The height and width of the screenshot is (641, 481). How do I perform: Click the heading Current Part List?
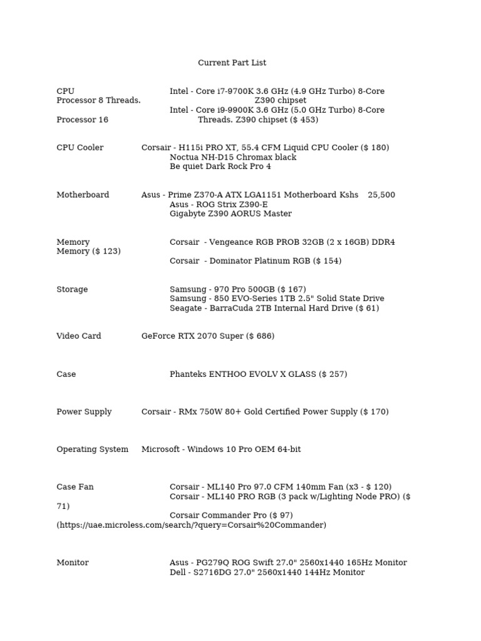tap(232, 63)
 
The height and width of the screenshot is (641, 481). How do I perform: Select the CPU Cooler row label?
tap(80, 148)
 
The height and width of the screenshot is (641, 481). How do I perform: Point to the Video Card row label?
tap(78, 336)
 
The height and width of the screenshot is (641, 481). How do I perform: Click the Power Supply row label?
tap(84, 412)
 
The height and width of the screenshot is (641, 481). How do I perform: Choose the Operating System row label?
tap(92, 449)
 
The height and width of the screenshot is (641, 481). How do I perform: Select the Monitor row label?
tap(73, 563)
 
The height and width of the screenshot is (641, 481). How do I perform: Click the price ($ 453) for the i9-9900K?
tap(304, 120)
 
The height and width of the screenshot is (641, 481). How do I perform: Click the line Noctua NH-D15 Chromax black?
tap(233, 157)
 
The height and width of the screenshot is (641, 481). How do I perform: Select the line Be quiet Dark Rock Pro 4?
tap(220, 167)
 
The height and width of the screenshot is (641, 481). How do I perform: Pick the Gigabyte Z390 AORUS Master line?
tap(230, 213)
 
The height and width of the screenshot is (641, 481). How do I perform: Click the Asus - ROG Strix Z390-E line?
tap(219, 204)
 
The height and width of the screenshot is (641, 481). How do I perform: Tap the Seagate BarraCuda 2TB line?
tap(274, 308)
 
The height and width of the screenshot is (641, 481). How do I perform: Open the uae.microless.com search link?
tap(192, 525)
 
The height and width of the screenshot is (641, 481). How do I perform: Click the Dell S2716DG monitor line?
tap(267, 572)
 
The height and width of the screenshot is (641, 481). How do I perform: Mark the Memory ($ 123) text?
tap(88, 251)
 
